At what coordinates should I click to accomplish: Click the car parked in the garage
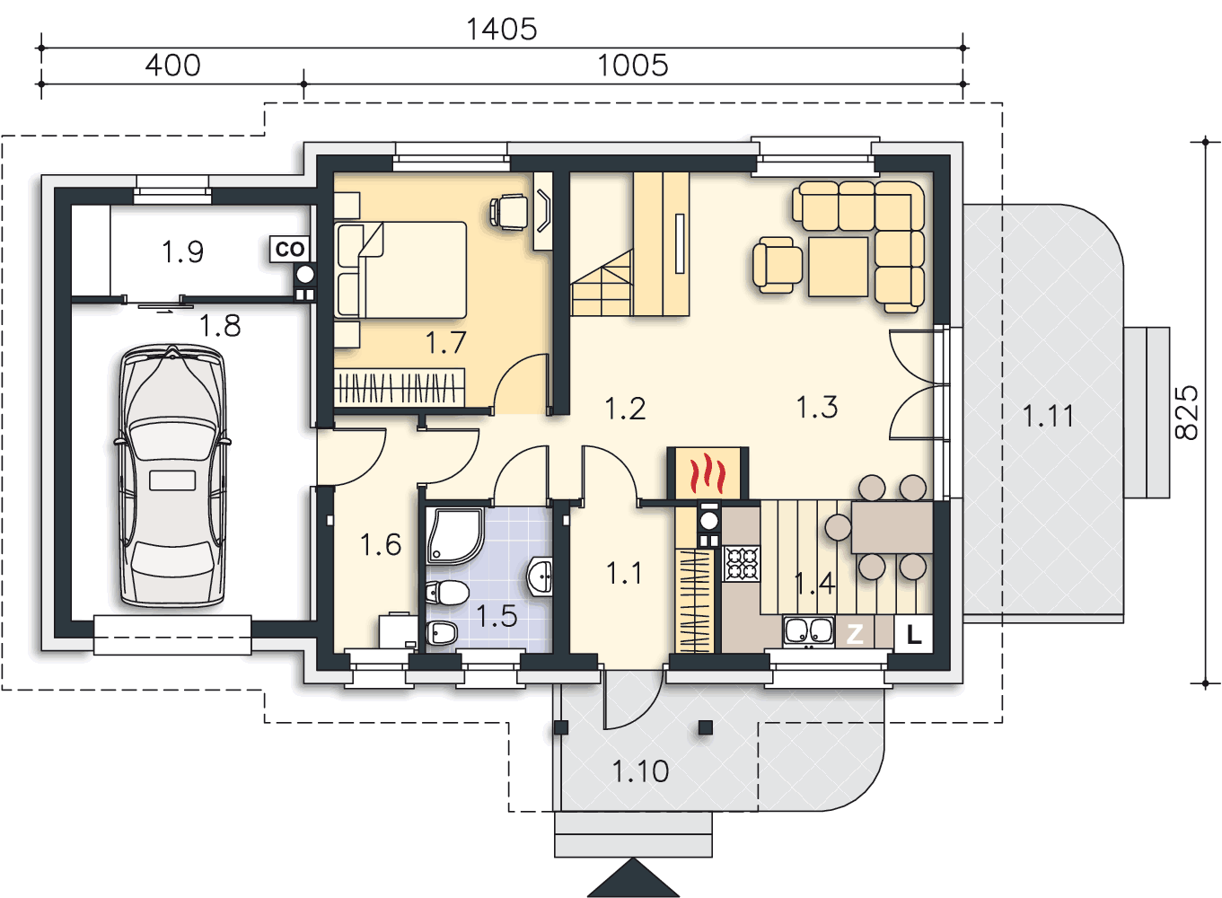tap(172, 475)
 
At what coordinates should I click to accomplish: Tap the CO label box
tap(290, 250)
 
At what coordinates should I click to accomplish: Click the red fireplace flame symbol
tap(708, 472)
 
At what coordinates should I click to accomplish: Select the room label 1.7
tap(445, 343)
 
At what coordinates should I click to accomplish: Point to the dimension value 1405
tap(501, 29)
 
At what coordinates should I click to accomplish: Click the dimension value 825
tap(1186, 413)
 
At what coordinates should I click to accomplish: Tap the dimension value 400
tap(172, 66)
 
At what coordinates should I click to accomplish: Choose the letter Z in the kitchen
tap(854, 634)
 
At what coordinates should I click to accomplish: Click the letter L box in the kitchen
tap(913, 634)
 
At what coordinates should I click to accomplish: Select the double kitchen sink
tap(808, 632)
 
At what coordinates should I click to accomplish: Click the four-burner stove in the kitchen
tap(742, 564)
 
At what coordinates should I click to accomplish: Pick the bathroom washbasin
tap(540, 576)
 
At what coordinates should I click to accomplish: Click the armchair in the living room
tap(777, 265)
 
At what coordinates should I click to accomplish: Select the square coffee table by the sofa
tap(838, 267)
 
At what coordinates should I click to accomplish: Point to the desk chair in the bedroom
tap(509, 210)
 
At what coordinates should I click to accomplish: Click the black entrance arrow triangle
tap(633, 878)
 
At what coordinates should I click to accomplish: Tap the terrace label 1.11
tap(1048, 417)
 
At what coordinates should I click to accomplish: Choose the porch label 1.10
tap(640, 771)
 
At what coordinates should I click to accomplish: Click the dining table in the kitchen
tap(892, 527)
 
